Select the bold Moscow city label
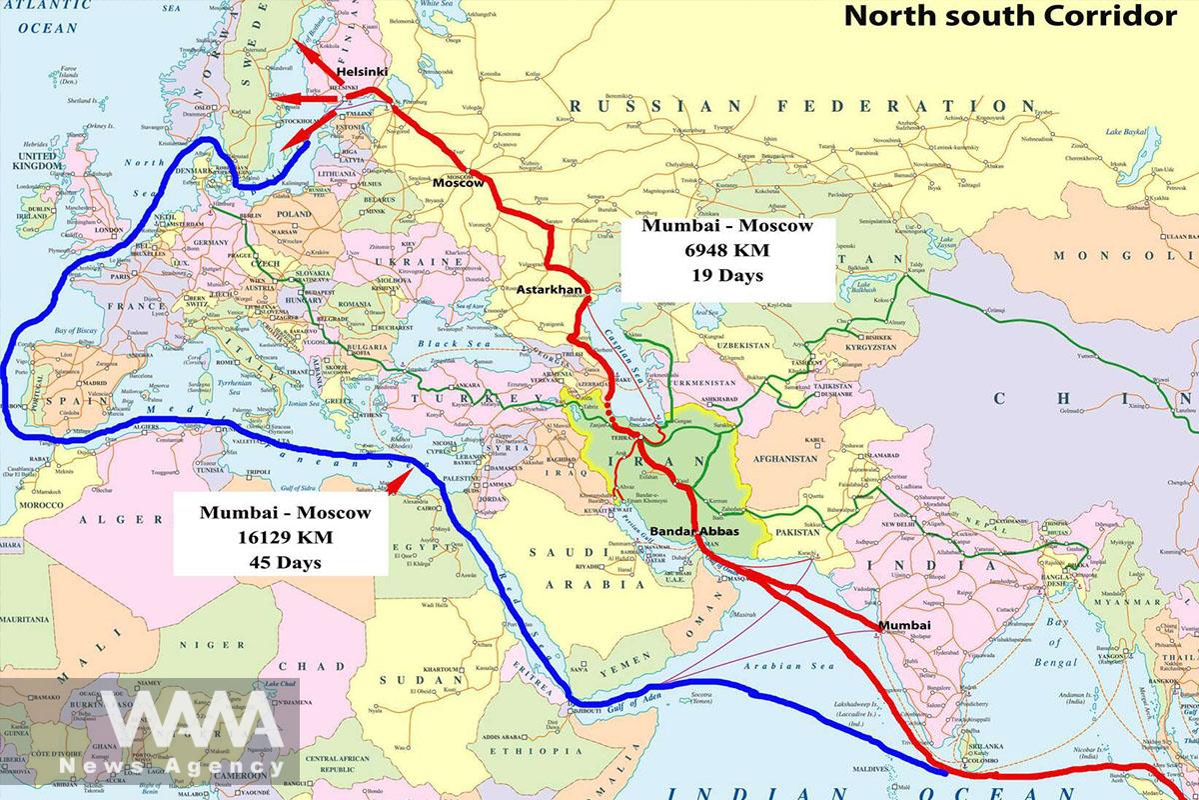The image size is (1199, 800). (458, 183)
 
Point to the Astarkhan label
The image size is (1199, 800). (550, 289)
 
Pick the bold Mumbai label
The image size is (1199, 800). (903, 626)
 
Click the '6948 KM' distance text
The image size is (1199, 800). (725, 250)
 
